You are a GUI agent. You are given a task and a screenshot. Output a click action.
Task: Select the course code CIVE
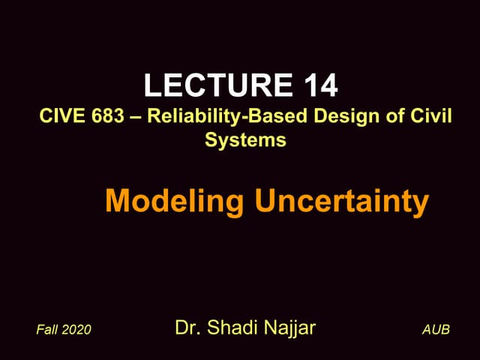coord(59,118)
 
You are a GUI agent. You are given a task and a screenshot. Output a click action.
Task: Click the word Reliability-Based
coord(211,118)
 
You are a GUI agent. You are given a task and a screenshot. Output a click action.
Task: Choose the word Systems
coord(245,139)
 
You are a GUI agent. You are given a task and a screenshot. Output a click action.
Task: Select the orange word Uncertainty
coord(342,201)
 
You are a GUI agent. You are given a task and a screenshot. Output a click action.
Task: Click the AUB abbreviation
coord(436,330)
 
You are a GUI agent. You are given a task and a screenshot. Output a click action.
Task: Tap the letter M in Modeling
coord(118,201)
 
